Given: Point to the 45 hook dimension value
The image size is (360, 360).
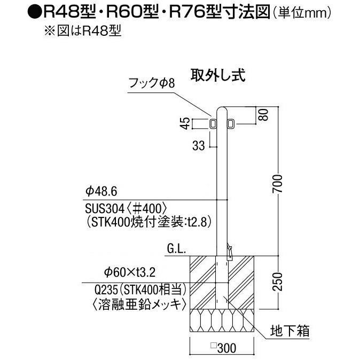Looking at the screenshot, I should click(x=185, y=124).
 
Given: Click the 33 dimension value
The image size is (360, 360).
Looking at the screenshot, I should click(x=198, y=146).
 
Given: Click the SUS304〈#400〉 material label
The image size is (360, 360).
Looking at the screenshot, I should click(x=127, y=207).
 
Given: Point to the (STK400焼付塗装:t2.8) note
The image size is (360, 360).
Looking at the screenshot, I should click(x=140, y=222).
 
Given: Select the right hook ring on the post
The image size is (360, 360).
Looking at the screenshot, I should click(x=230, y=124).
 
